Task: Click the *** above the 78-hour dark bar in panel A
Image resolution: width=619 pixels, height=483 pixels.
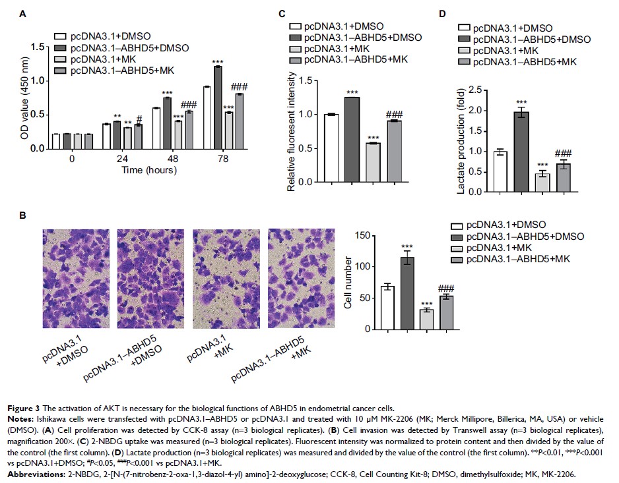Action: coord(217,62)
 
